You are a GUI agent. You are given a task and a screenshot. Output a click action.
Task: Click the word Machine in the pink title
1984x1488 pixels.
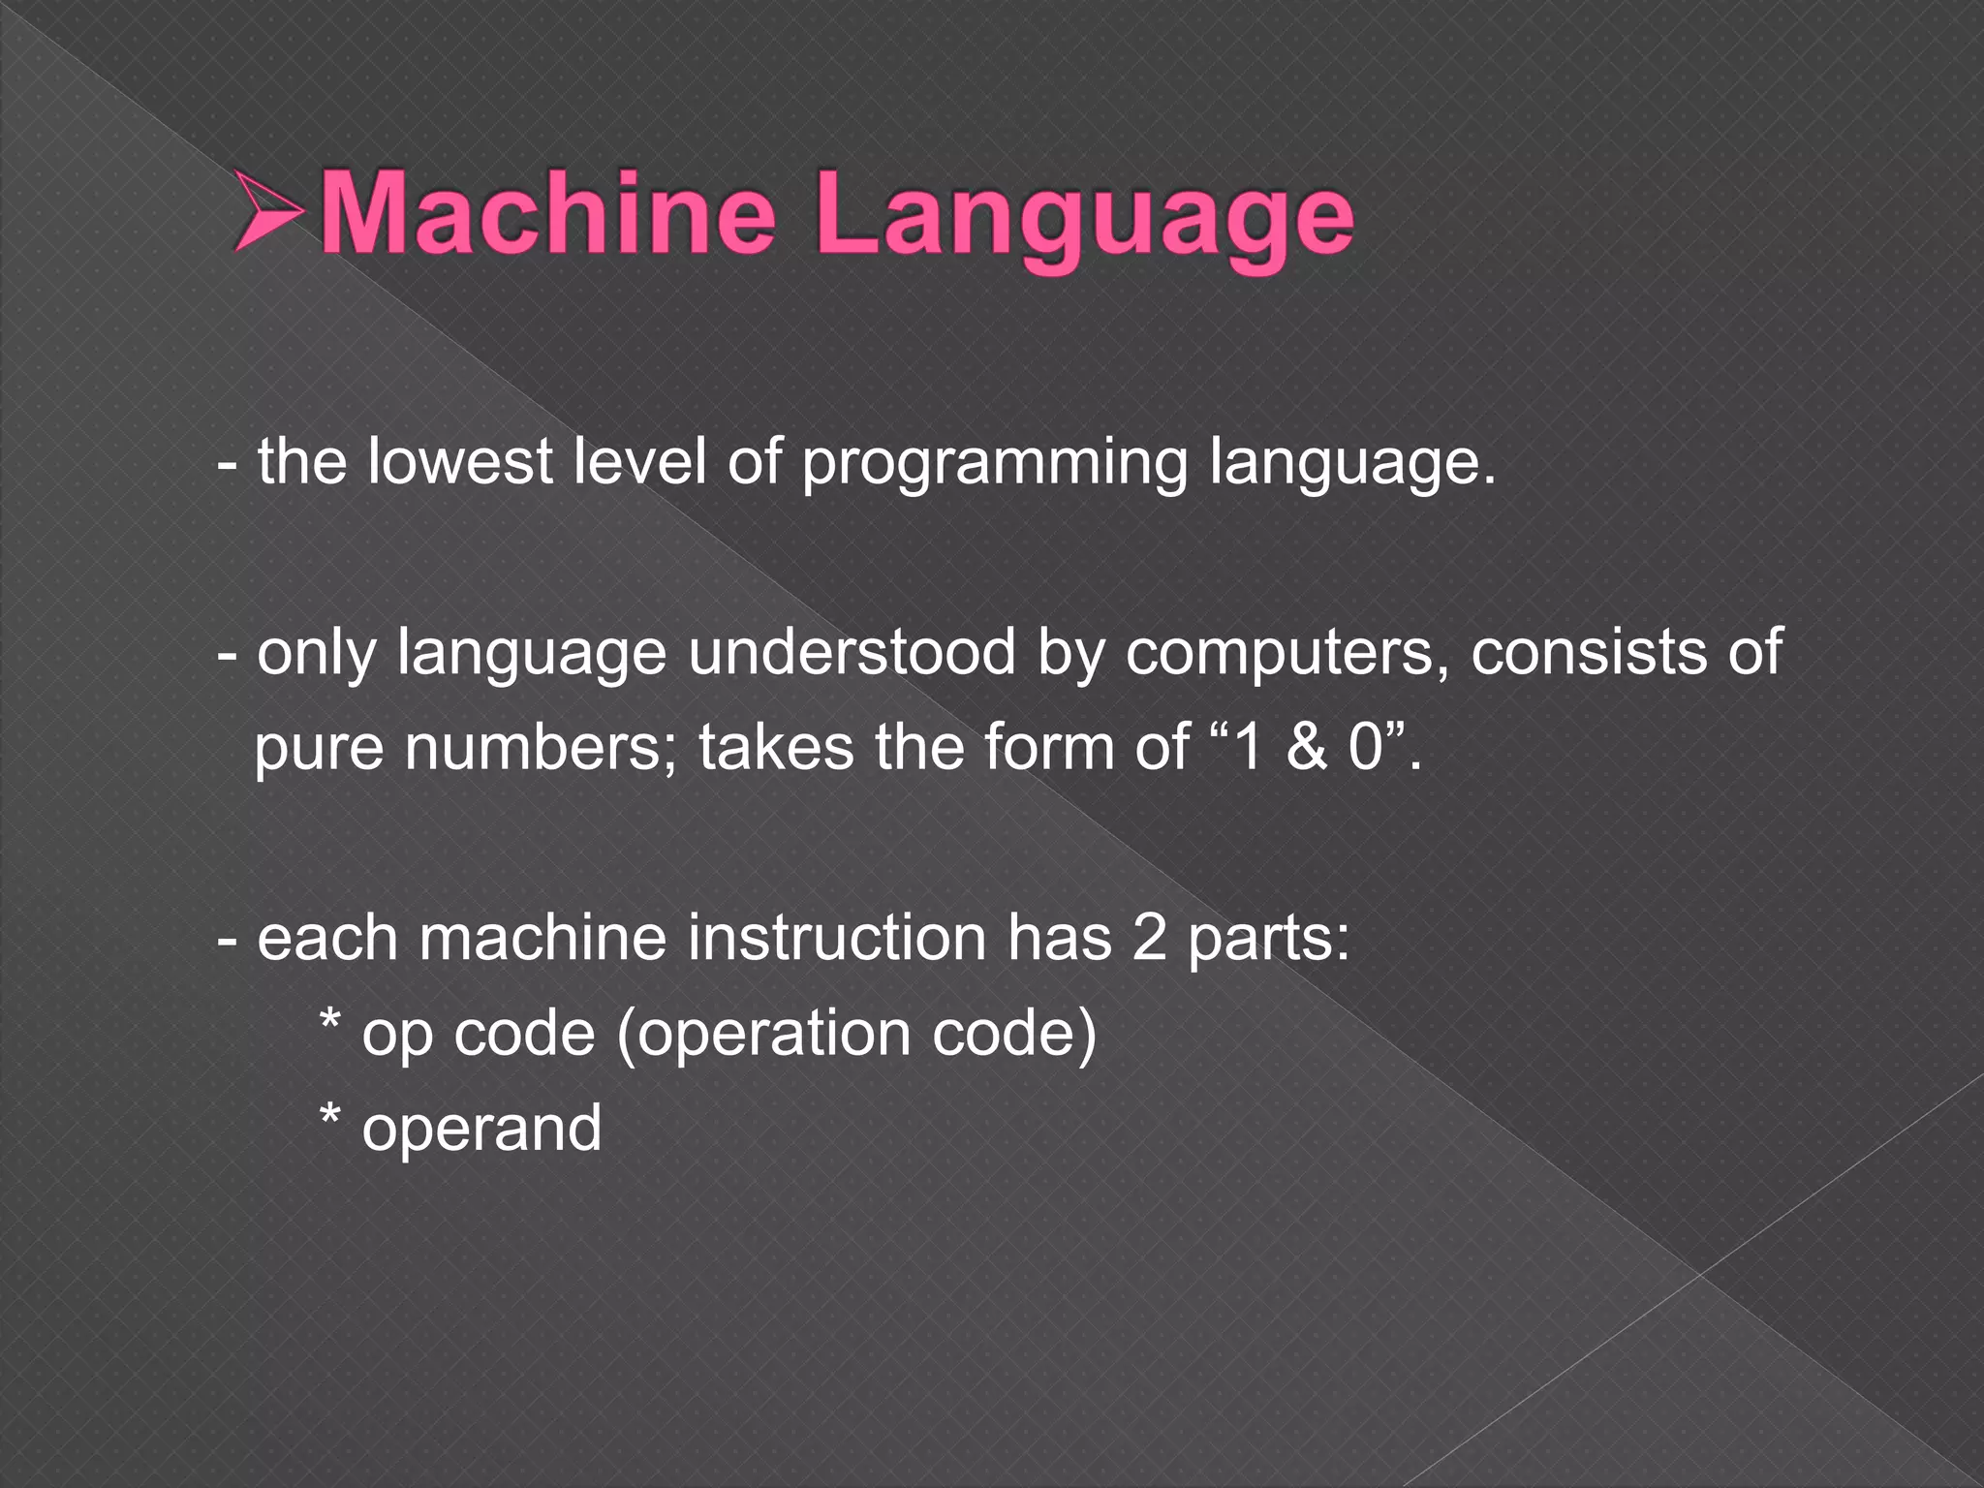coord(547,212)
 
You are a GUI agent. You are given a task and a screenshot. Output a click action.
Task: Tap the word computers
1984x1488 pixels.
coord(1278,655)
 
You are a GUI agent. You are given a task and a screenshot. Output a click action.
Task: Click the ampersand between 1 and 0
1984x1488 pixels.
coord(1306,748)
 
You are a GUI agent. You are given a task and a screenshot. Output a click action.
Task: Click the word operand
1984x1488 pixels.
coord(481,1130)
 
